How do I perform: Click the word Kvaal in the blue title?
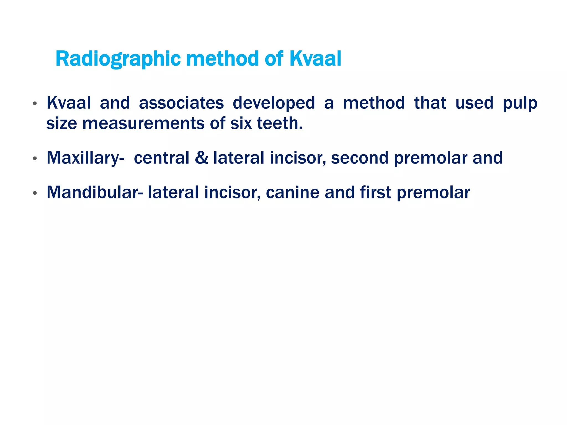pyautogui.click(x=315, y=59)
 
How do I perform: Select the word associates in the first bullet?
pyautogui.click(x=181, y=103)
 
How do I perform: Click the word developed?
pyautogui.click(x=274, y=103)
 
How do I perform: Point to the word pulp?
pyautogui.click(x=520, y=103)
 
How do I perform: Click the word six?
pyautogui.click(x=241, y=123)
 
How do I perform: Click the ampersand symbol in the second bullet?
pyautogui.click(x=201, y=158)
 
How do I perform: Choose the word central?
pyautogui.click(x=161, y=158)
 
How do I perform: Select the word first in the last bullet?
pyautogui.click(x=375, y=192)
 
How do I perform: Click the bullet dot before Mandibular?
pyautogui.click(x=35, y=193)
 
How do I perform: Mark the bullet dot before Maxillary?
pyautogui.click(x=35, y=159)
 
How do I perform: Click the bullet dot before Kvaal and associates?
pyautogui.click(x=35, y=104)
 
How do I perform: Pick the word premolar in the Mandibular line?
pyautogui.click(x=433, y=193)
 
